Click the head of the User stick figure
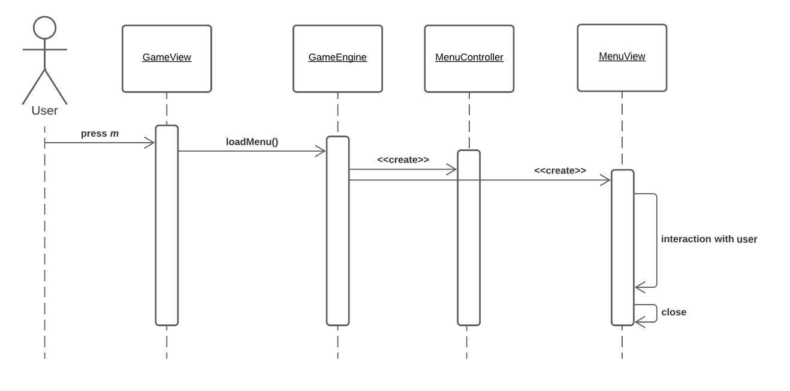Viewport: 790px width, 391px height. point(44,28)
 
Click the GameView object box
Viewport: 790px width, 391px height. point(167,58)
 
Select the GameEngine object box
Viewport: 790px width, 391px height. point(337,58)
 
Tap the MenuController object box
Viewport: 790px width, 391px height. point(469,58)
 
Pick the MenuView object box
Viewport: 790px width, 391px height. point(622,58)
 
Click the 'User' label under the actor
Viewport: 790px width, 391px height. point(44,111)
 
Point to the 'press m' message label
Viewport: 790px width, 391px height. point(99,134)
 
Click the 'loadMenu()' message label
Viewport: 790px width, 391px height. point(252,142)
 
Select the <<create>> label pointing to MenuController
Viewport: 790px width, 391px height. point(403,160)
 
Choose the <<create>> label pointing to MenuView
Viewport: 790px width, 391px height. point(560,171)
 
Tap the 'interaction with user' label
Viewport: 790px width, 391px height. point(708,239)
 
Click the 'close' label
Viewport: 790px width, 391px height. point(674,312)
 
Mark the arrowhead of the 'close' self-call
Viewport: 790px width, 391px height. point(639,323)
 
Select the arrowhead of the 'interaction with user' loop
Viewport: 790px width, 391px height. point(639,287)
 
